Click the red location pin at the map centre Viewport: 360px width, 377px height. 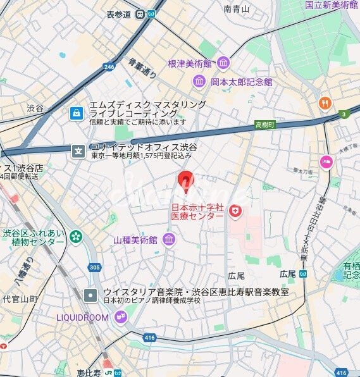(185, 182)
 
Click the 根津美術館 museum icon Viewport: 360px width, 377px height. (223, 63)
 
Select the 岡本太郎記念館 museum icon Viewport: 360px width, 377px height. (200, 82)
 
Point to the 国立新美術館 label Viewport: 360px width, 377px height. (331, 5)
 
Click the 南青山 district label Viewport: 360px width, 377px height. (237, 9)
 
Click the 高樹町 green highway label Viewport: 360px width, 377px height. (265, 125)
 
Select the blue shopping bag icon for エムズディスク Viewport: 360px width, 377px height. (77, 113)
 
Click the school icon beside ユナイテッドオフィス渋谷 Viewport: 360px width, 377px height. (78, 151)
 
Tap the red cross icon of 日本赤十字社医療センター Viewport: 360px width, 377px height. (235, 211)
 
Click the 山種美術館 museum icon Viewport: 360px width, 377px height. (169, 240)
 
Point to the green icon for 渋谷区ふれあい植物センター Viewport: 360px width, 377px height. (77, 237)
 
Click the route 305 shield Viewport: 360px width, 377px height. (94, 268)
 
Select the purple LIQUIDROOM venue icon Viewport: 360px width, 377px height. (121, 318)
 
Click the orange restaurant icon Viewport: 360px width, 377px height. (326, 103)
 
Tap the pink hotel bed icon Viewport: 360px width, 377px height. (326, 163)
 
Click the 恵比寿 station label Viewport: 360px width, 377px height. (89, 373)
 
